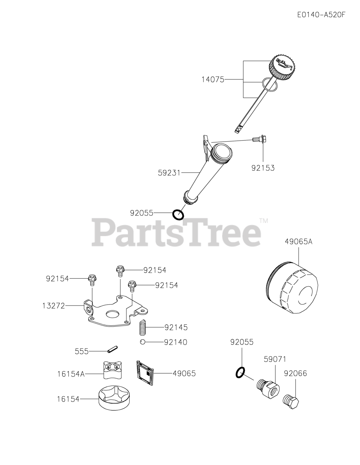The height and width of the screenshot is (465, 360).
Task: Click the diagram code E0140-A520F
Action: tap(321, 15)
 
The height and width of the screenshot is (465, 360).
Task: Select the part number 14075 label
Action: tap(213, 79)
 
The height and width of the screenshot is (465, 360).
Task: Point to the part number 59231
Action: tap(169, 173)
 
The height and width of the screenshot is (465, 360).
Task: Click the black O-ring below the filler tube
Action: tap(178, 215)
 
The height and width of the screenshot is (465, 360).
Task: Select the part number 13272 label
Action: tap(53, 306)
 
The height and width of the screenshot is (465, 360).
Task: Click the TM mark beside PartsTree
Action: tap(264, 220)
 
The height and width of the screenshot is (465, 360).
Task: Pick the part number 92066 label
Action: tap(295, 373)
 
